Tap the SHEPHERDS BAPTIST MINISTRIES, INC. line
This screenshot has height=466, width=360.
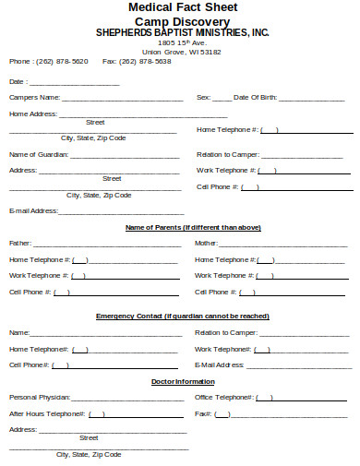pyautogui.click(x=183, y=31)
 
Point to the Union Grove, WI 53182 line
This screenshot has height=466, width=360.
pyautogui.click(x=182, y=52)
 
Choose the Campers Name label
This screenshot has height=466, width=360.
pyautogui.click(x=34, y=96)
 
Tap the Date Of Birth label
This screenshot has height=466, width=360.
pyautogui.click(x=255, y=96)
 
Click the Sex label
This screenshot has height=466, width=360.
pyautogui.click(x=203, y=96)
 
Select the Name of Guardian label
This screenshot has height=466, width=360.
pyautogui.click(x=39, y=154)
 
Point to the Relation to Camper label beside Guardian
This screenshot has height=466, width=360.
pyautogui.click(x=227, y=154)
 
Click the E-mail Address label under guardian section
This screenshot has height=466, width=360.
pyautogui.click(x=33, y=210)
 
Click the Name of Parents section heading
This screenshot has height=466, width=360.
pyautogui.click(x=192, y=227)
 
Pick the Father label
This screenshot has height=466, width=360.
pyautogui.click(x=19, y=243)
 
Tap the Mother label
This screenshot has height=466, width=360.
pyautogui.click(x=206, y=243)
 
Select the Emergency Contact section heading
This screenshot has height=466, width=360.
pyautogui.click(x=182, y=317)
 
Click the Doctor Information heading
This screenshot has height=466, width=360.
pyautogui.click(x=182, y=381)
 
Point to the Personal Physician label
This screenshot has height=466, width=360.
pyautogui.click(x=39, y=397)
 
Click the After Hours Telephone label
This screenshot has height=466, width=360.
pyautogui.click(x=47, y=413)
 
